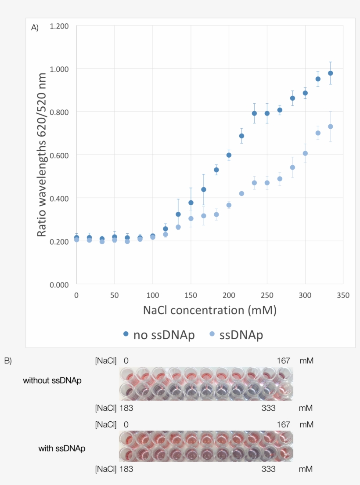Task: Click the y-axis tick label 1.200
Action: [x=59, y=26]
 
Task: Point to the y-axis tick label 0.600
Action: [x=59, y=155]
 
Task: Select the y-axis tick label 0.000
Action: [x=59, y=285]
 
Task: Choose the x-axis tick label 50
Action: [x=115, y=295]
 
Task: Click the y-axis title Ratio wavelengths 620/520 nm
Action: [x=42, y=155]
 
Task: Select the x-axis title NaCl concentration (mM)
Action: [x=209, y=310]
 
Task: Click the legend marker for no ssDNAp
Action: [x=126, y=334]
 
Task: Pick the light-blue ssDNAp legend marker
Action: [x=212, y=334]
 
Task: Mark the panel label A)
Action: [x=35, y=28]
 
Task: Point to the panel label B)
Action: [x=8, y=361]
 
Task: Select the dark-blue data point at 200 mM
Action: [x=229, y=155]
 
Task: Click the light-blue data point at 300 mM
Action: [x=305, y=153]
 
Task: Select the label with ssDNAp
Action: [x=61, y=449]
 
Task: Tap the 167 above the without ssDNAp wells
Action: [x=283, y=361]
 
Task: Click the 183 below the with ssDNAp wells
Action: [x=126, y=469]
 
